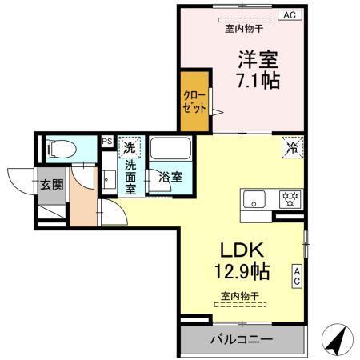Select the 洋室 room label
tap(256, 59)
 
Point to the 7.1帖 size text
tap(257, 81)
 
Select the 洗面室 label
tap(130, 177)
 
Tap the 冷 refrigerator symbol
tap(293, 147)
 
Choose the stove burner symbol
tap(289, 198)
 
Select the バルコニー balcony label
tap(241, 339)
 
